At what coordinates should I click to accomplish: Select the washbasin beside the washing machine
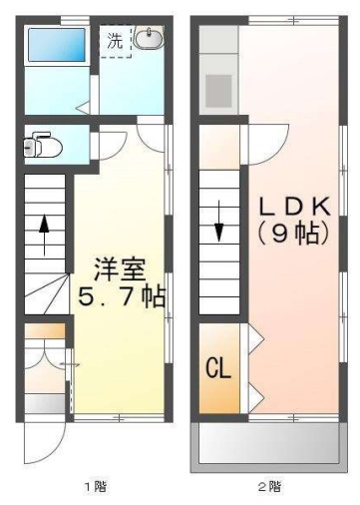click(150, 39)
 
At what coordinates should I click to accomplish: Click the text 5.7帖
click(122, 296)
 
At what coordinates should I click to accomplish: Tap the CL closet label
click(217, 367)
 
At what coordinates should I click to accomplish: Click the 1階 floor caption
click(95, 487)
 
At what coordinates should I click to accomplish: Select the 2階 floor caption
click(269, 487)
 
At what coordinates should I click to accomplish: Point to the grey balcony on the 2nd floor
click(269, 442)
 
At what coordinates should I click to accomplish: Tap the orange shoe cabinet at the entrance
click(44, 329)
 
